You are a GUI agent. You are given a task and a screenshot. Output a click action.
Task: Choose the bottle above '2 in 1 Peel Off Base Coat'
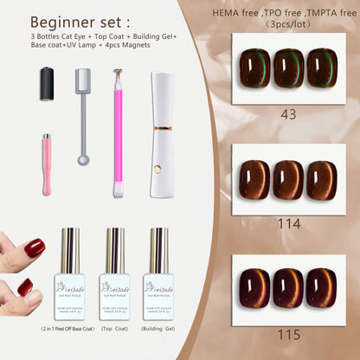[x=68, y=264]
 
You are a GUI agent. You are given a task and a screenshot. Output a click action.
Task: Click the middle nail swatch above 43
[x=288, y=68]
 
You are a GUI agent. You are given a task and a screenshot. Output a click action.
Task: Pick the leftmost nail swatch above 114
[x=256, y=179]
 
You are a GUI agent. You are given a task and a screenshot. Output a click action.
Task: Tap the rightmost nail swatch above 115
[x=321, y=288]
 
